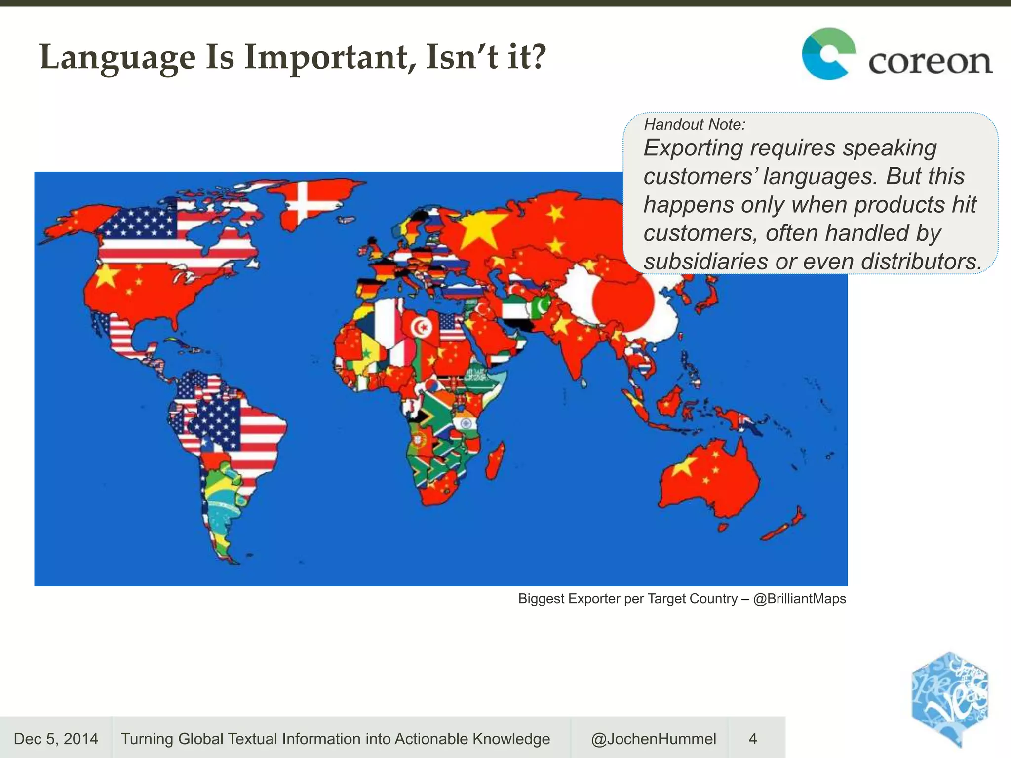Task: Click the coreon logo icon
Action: (828, 54)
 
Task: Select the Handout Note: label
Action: (695, 124)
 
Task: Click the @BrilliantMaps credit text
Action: (800, 599)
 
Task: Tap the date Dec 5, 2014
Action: (56, 739)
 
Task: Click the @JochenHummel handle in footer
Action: (653, 739)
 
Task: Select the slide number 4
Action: (752, 739)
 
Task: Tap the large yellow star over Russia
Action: (478, 229)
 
